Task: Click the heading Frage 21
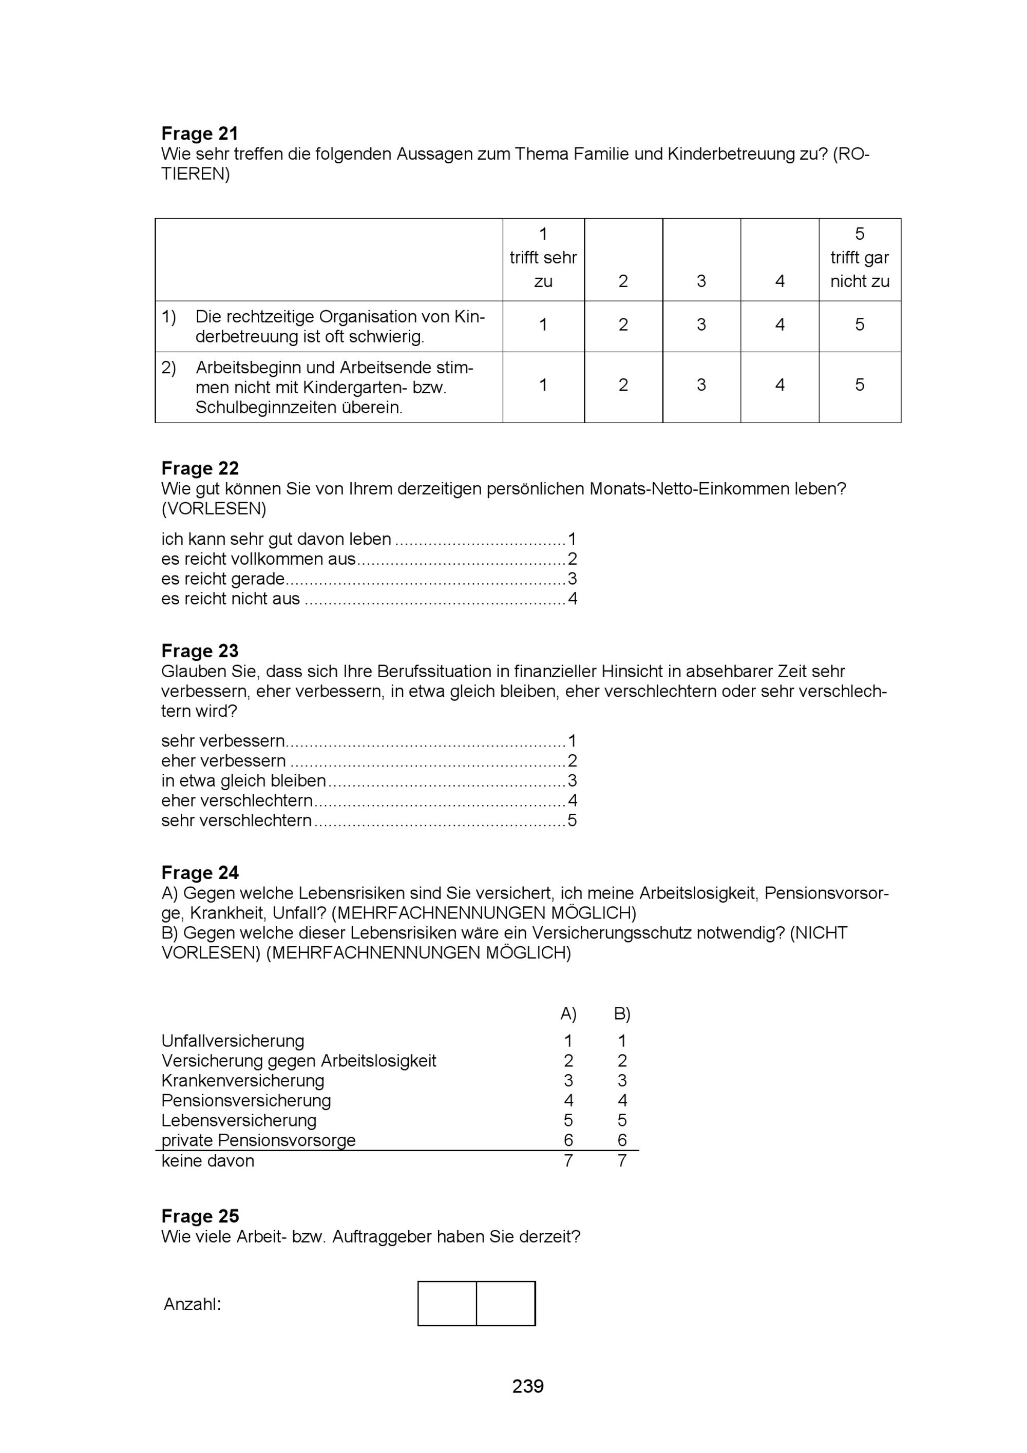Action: coord(199,133)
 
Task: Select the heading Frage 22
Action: coord(199,468)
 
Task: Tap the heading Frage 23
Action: coord(199,651)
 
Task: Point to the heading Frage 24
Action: coord(199,873)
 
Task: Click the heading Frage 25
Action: coord(199,1216)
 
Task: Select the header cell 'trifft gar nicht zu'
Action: coord(859,258)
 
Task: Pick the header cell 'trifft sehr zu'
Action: coord(543,258)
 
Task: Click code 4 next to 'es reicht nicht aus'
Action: coord(573,599)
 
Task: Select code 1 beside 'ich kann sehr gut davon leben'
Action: coord(572,539)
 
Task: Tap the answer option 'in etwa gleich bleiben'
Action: coord(243,781)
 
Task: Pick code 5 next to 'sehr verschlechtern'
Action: coord(572,821)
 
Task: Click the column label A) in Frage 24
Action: coord(568,1015)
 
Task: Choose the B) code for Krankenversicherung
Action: coord(622,1081)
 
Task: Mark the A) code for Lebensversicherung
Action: coord(568,1121)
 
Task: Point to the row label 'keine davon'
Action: coord(207,1161)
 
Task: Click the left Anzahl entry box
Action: coord(447,1304)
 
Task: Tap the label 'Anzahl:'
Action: coord(193,1304)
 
